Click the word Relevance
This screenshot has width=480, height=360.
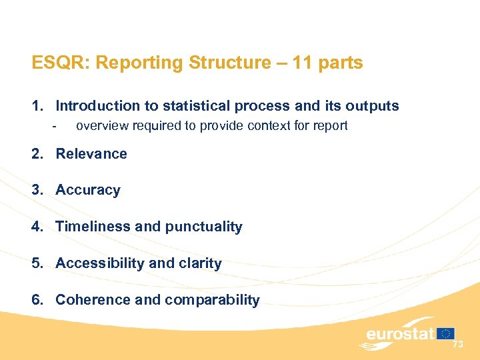[91, 154]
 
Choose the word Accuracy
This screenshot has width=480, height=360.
[88, 191]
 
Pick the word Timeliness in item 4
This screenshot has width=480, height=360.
[93, 227]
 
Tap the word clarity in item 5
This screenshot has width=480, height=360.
[199, 263]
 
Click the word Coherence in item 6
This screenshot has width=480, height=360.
[93, 300]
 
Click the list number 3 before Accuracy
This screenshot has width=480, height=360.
[35, 191]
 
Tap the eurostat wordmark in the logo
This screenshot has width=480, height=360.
[400, 333]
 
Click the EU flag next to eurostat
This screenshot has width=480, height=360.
[445, 333]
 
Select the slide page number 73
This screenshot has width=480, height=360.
[457, 345]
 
